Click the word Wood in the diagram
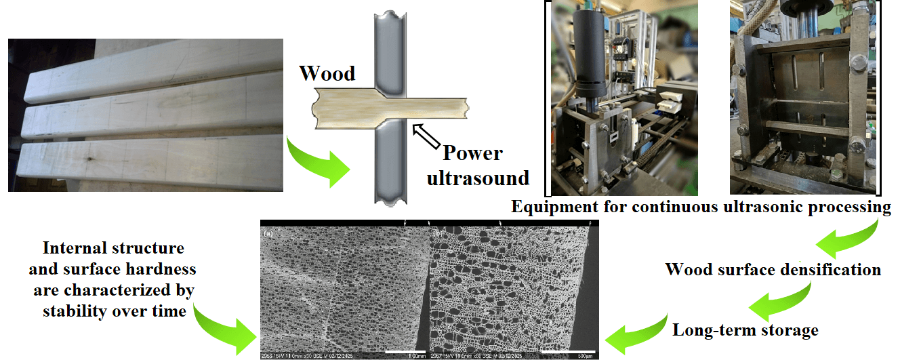point(327,73)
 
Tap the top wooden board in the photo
point(149,68)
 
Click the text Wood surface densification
point(773,269)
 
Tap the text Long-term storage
point(745,330)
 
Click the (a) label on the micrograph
point(268,233)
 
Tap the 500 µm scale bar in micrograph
point(568,351)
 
